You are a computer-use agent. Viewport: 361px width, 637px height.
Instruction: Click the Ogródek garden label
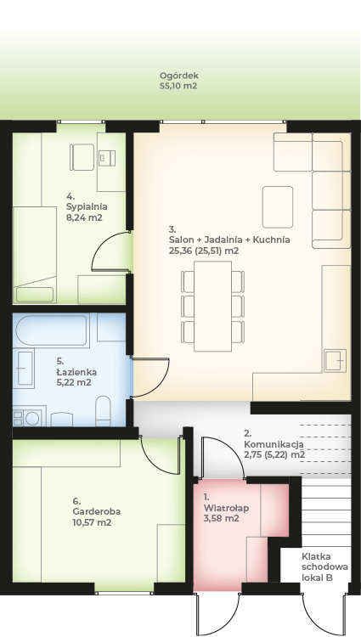pyautogui.click(x=179, y=76)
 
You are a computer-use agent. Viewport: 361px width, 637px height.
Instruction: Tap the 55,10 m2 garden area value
pyautogui.click(x=178, y=86)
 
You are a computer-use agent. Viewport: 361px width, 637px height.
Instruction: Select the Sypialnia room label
pyautogui.click(x=87, y=206)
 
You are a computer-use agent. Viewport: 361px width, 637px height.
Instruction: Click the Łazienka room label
pyautogui.click(x=76, y=372)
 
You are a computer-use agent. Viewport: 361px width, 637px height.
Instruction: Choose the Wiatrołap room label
pyautogui.click(x=226, y=508)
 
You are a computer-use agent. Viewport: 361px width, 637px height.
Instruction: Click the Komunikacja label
pyautogui.click(x=274, y=444)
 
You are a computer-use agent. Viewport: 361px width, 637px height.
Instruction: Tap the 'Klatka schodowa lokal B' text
pyautogui.click(x=324, y=567)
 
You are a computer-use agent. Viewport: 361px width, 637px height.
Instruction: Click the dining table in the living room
pyautogui.click(x=213, y=307)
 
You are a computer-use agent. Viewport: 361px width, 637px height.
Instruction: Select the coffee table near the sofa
pyautogui.click(x=278, y=206)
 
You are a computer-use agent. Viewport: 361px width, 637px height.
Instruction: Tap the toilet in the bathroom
pyautogui.click(x=103, y=411)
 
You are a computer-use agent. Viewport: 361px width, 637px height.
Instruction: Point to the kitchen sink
pyautogui.click(x=335, y=361)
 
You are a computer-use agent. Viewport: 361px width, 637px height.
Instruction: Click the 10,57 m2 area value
pyautogui.click(x=92, y=522)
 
